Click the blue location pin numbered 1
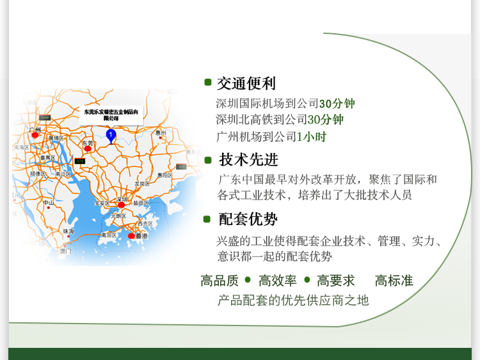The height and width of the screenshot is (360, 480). coord(111,135)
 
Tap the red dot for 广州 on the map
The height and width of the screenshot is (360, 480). coord(35,135)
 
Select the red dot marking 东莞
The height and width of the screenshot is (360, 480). coord(88,148)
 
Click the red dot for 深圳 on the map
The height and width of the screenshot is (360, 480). coord(121,205)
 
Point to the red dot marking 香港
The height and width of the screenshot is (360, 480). coord(131,236)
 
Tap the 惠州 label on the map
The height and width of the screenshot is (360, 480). coord(161,133)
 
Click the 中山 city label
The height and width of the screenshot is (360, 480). coord(48,203)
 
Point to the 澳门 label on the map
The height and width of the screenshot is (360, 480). coord(65,251)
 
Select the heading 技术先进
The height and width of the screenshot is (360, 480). coord(249,160)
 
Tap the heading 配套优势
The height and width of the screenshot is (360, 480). coord(248,219)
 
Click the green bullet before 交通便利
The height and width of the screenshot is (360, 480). coord(207,82)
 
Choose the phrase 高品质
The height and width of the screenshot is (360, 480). coord(220,281)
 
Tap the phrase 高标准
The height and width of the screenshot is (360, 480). coord(394,281)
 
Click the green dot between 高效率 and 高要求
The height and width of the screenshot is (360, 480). coord(307,279)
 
